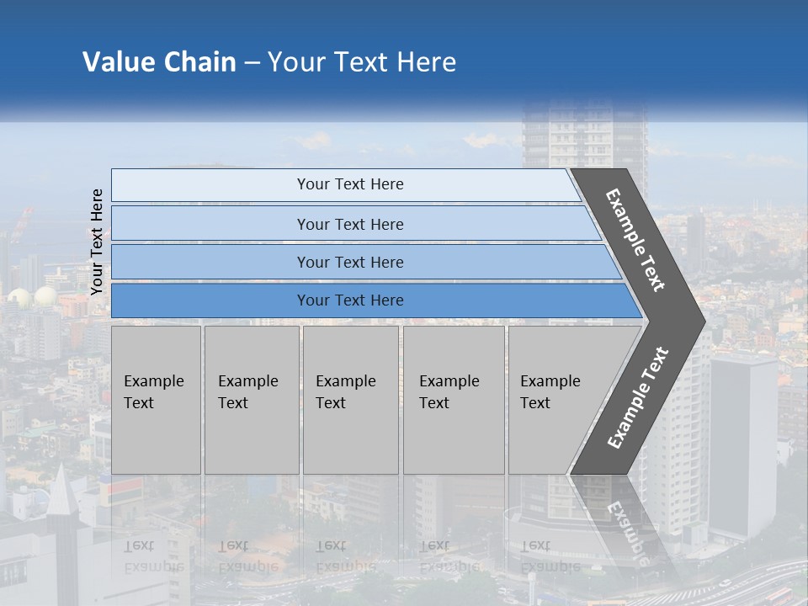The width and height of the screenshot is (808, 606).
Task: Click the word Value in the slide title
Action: pyautogui.click(x=118, y=62)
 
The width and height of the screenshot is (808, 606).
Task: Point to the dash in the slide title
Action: pyautogui.click(x=252, y=63)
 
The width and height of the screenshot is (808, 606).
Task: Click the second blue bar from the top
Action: pyautogui.click(x=349, y=224)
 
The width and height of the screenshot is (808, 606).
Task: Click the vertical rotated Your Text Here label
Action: pyautogui.click(x=97, y=242)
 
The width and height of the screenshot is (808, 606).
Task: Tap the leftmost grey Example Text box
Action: pyautogui.click(x=156, y=400)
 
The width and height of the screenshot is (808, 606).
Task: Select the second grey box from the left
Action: pyautogui.click(x=251, y=400)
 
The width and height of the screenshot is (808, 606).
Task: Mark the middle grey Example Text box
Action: pyautogui.click(x=350, y=400)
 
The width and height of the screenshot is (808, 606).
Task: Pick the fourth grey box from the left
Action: pyautogui.click(x=454, y=400)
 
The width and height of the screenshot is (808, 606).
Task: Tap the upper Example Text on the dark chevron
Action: pyautogui.click(x=635, y=241)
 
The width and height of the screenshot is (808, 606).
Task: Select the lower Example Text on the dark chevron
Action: pyautogui.click(x=637, y=397)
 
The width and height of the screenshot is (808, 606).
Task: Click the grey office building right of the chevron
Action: pyautogui.click(x=743, y=446)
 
